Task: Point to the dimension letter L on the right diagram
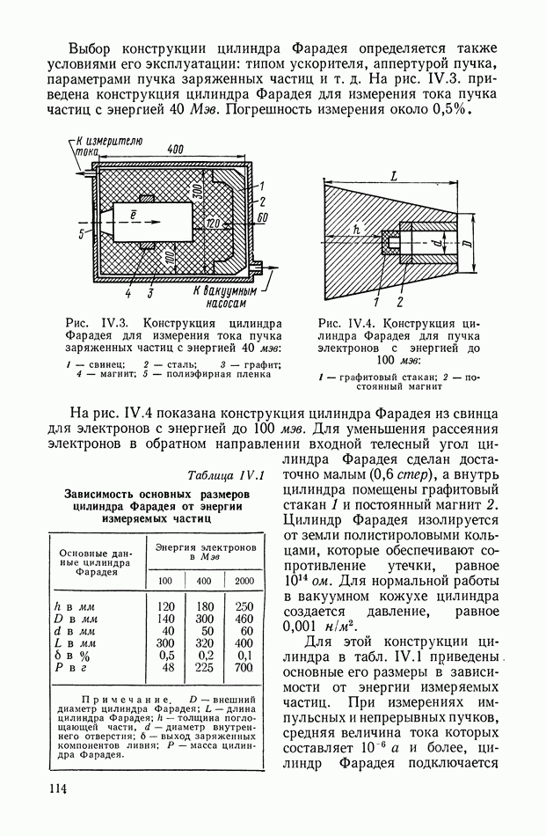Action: coord(393,177)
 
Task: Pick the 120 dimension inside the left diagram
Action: coord(211,225)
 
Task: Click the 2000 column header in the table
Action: coord(244,580)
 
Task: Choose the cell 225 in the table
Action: coord(205,667)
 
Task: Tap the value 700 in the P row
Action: coord(244,667)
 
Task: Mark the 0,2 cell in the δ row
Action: coord(205,655)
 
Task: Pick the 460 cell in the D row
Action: coord(244,618)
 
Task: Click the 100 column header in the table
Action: coord(166,580)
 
